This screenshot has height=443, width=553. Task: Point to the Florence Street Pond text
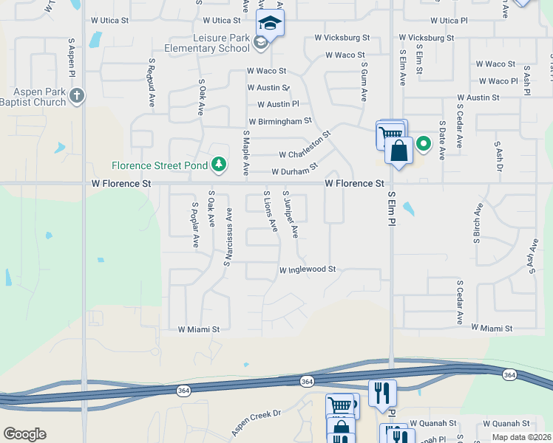160,165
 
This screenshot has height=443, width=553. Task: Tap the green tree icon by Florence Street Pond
218,164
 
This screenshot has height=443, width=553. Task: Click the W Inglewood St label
308,270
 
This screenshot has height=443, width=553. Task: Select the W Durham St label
294,171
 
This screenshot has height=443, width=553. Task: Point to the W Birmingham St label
280,120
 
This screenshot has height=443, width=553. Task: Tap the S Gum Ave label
364,82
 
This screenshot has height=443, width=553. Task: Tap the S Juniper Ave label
290,215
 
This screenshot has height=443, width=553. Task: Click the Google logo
24,434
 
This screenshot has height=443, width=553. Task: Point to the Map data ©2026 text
521,437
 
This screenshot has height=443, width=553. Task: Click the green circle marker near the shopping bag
424,143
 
